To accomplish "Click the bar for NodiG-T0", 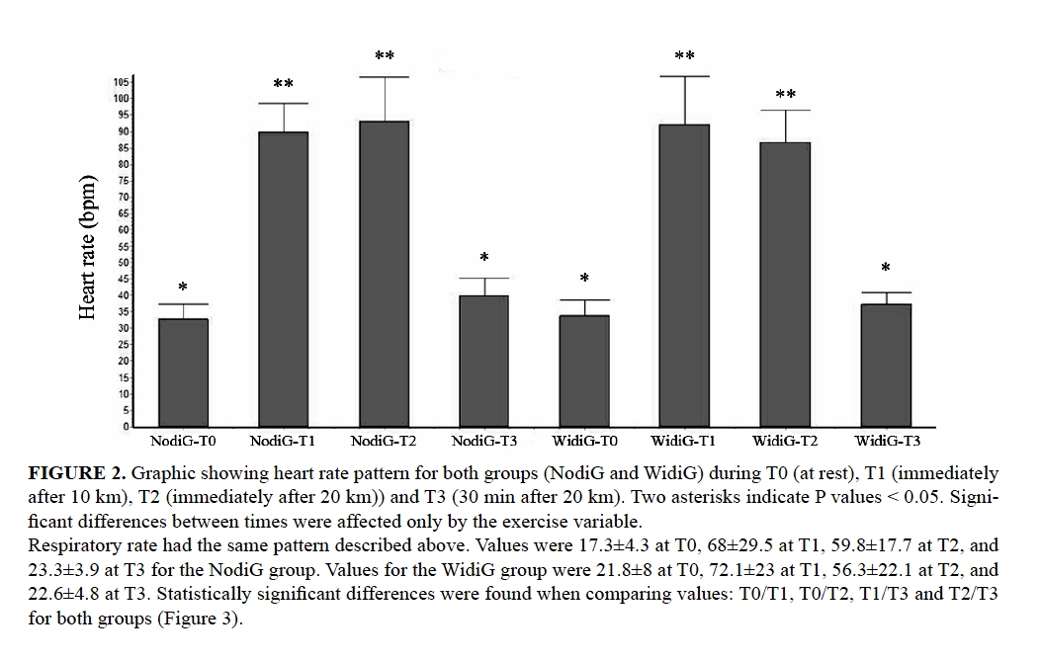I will click(x=183, y=372).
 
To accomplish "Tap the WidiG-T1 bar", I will click(x=683, y=276).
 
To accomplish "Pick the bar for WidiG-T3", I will click(x=885, y=366).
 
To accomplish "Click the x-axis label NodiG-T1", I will click(x=283, y=441).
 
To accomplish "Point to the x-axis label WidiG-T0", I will click(x=583, y=441).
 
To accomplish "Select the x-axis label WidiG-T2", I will click(x=784, y=441).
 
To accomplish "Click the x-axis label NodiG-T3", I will click(x=483, y=441).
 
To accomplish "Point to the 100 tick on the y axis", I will click(x=122, y=98).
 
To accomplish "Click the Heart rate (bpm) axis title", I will click(x=88, y=247).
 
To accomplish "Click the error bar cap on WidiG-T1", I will click(x=683, y=76).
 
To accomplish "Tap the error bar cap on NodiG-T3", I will click(x=483, y=279).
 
